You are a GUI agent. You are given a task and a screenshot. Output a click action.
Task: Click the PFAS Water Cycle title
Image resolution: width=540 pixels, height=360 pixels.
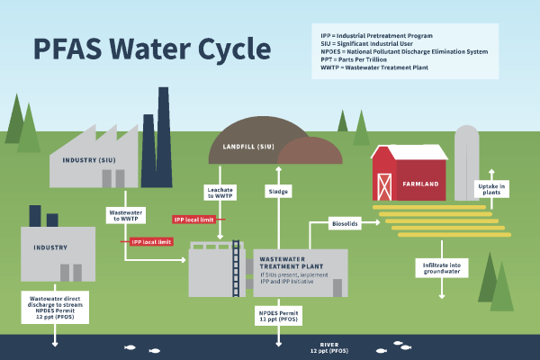coord(135,49)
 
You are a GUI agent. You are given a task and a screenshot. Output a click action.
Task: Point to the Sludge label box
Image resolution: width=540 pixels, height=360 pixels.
coord(278,192)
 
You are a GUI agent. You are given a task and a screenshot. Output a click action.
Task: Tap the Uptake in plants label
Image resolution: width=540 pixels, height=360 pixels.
coord(490,189)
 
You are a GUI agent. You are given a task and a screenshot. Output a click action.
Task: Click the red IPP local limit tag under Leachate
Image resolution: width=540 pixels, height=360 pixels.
coord(194,219)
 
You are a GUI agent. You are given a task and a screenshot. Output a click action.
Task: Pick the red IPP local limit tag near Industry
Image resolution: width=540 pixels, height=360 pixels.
coord(148,242)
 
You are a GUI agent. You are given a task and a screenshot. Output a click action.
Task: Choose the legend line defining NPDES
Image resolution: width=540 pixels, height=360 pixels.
coord(404,51)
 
